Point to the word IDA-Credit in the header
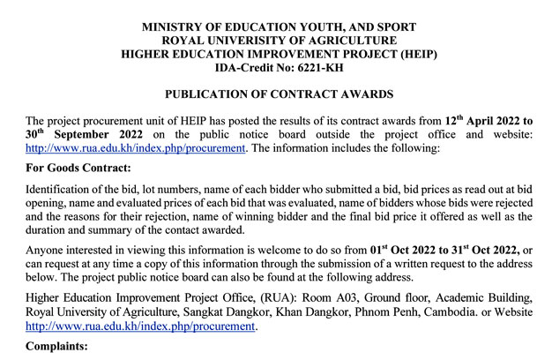pyautogui.click(x=244, y=67)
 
